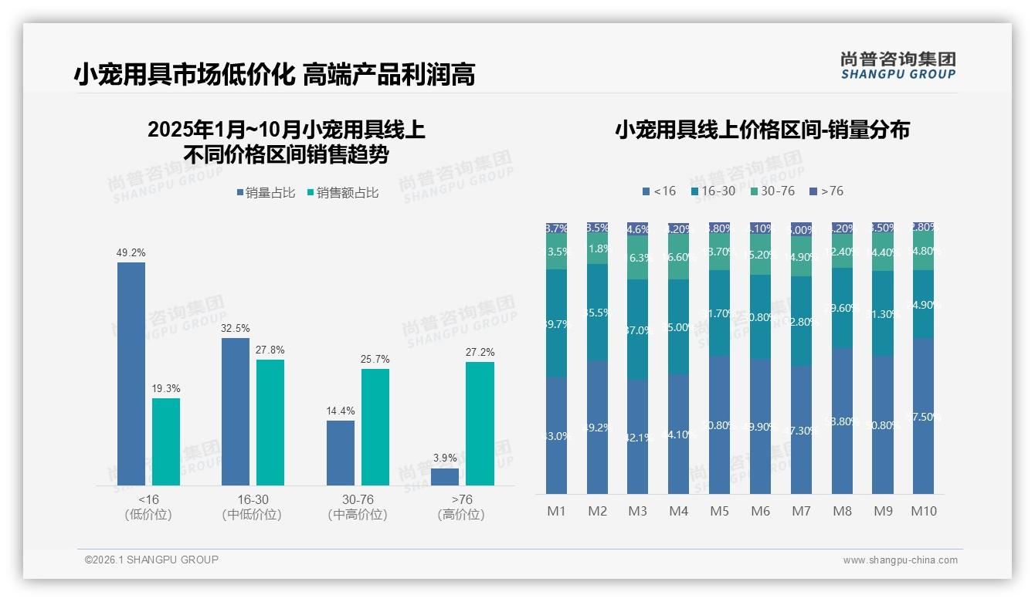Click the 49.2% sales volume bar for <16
coord(131,374)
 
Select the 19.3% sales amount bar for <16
coord(166,441)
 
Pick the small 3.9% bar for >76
coord(445,477)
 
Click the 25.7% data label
coord(375,359)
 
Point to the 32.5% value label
coord(236,328)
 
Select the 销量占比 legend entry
coord(266,193)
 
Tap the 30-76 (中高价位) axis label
coord(358,507)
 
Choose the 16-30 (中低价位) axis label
coord(252,507)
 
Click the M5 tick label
coord(719,511)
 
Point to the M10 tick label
coord(924,511)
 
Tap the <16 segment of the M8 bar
coord(842,421)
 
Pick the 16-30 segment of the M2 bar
coord(597,313)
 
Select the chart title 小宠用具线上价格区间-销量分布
coord(762,130)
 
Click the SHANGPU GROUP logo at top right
coord(898,66)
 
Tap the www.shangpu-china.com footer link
coord(900,560)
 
